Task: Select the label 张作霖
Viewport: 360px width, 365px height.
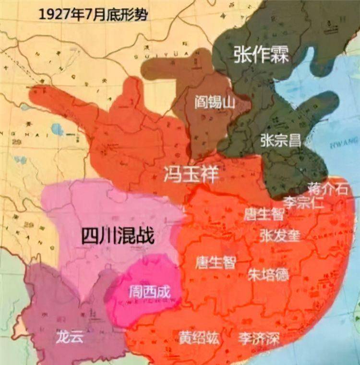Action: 262,54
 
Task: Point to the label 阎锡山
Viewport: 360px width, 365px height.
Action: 214,101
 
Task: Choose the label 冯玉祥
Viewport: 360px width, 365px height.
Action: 191,174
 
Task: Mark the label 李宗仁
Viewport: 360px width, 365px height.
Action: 303,202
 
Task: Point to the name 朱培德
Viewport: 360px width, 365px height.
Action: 268,274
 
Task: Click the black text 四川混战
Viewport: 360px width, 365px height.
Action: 118,235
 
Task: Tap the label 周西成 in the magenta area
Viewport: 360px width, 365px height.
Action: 150,291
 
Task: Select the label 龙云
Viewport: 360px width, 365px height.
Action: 70,336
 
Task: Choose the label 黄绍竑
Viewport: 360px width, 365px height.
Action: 199,338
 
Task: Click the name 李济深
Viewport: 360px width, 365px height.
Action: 260,338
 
